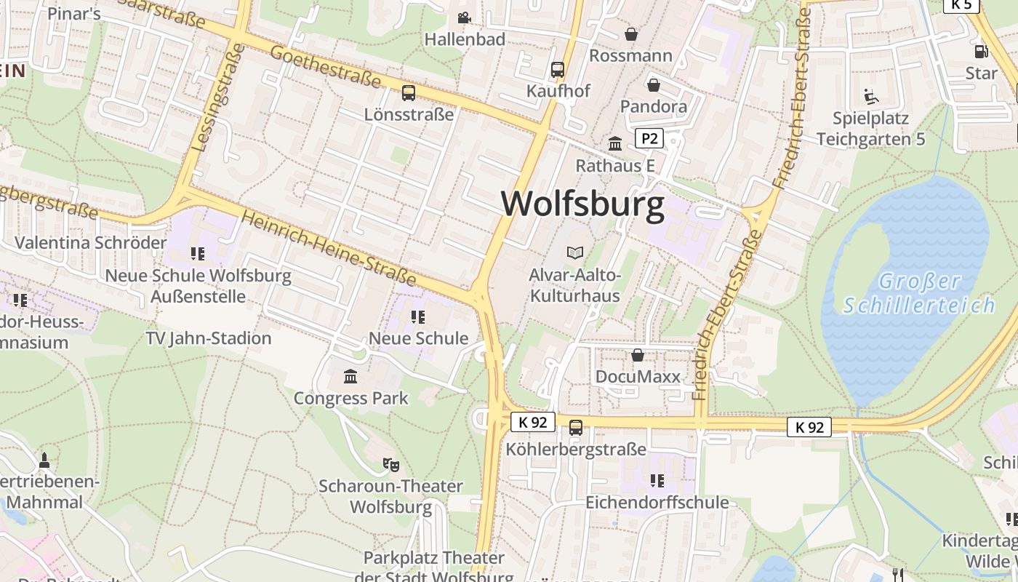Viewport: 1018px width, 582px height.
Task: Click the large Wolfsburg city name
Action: pos(582,204)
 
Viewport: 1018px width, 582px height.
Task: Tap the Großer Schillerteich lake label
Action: pos(918,292)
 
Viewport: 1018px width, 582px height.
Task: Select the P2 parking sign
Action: pos(649,138)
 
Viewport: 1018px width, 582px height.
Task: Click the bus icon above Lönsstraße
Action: pos(409,93)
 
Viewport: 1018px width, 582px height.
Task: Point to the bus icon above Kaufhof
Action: pos(558,70)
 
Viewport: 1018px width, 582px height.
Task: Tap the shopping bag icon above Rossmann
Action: pos(631,34)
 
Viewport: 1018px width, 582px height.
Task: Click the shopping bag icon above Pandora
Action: pos(654,85)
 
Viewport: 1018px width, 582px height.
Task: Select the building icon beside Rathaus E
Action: pos(615,143)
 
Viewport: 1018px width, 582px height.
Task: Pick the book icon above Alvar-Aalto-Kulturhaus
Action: pos(575,252)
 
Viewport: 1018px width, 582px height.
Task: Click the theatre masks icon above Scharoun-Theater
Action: pos(390,463)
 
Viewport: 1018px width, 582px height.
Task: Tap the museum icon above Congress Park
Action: pos(350,376)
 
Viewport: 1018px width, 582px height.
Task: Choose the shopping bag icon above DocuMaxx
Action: pos(638,355)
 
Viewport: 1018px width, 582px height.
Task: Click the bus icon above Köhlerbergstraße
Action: pos(576,427)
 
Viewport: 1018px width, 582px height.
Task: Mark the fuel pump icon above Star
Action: pos(981,52)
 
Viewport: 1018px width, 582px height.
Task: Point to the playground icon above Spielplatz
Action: pos(870,96)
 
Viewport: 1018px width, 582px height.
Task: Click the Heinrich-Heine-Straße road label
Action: pos(329,248)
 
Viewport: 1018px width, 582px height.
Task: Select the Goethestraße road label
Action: pos(325,66)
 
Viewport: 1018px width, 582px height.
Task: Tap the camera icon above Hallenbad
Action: pos(464,17)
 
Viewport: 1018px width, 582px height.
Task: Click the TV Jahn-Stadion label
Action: pos(209,338)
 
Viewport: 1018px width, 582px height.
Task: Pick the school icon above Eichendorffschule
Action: pos(657,480)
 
